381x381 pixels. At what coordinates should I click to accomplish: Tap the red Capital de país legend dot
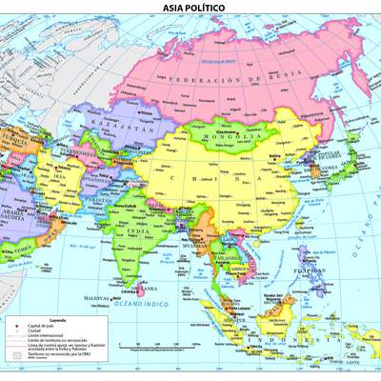coord(20,327)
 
